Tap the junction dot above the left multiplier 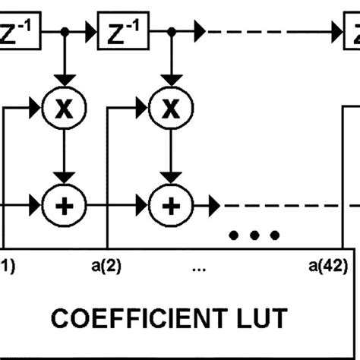point(67,33)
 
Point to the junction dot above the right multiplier point(172,33)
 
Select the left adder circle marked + point(67,204)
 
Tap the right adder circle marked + point(172,204)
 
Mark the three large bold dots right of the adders point(254,235)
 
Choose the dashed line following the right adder point(281,204)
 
